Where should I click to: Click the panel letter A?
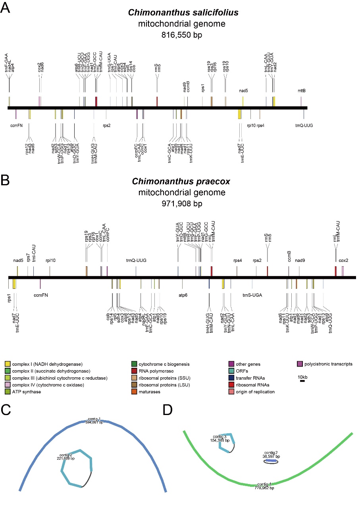[5, 8]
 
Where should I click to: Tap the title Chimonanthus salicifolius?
[183, 13]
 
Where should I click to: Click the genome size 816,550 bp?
[182, 35]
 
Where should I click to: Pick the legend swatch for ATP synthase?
[8, 392]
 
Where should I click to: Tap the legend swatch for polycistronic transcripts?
[300, 363]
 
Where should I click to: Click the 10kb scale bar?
[302, 381]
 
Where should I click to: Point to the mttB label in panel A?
[302, 90]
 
